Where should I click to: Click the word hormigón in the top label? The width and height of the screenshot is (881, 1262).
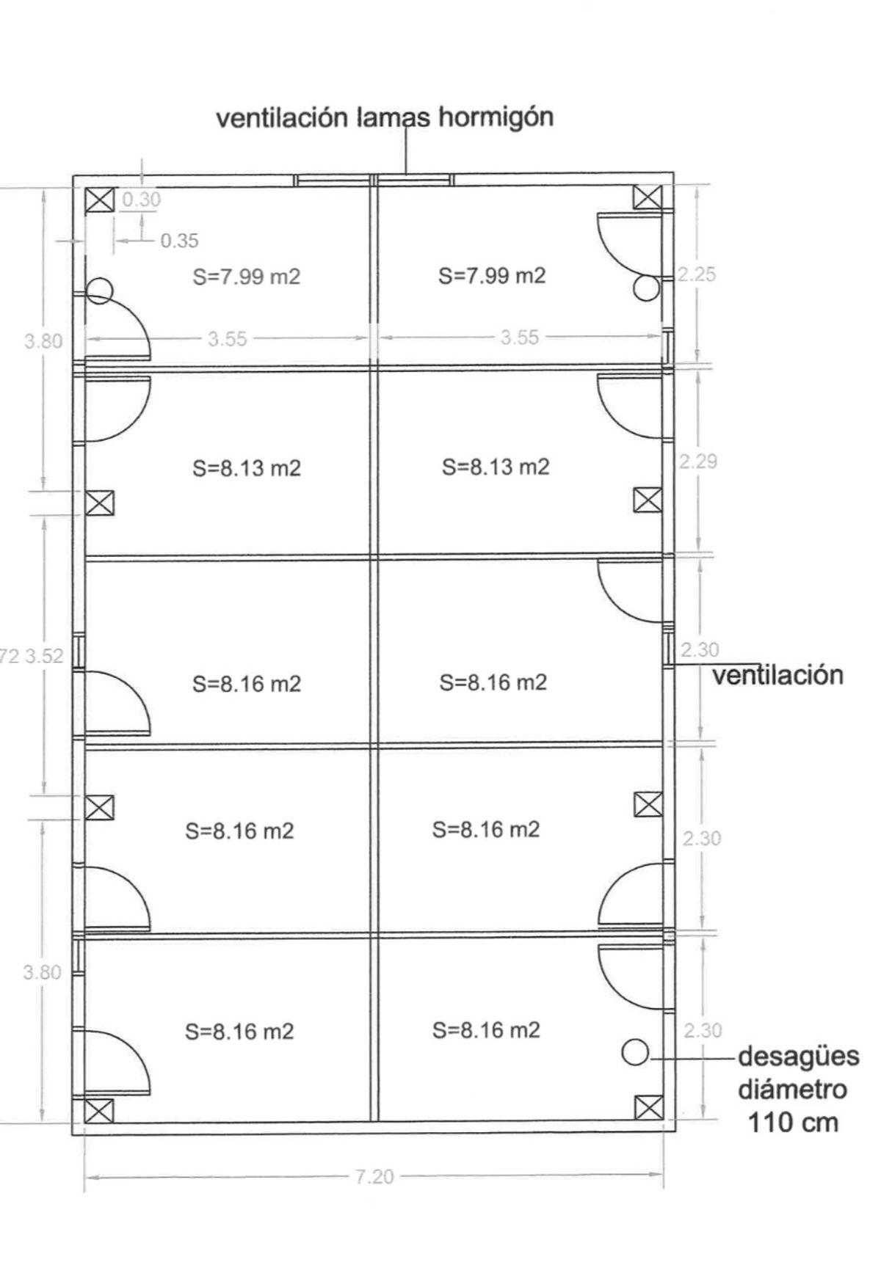pyautogui.click(x=496, y=118)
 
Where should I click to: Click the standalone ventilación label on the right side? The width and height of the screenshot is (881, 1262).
pyautogui.click(x=777, y=675)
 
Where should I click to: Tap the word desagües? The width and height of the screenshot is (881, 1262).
pyautogui.click(x=798, y=1057)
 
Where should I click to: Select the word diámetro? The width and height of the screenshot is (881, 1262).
pyautogui.click(x=792, y=1090)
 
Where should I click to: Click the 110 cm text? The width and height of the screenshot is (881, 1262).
pyautogui.click(x=793, y=1123)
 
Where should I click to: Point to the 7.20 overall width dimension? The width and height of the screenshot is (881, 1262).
pyautogui.click(x=374, y=1177)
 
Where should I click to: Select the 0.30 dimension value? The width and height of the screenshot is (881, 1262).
pyautogui.click(x=142, y=199)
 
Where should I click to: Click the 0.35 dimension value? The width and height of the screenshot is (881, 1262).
pyautogui.click(x=179, y=241)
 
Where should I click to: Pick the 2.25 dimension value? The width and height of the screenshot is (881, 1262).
pyautogui.click(x=696, y=274)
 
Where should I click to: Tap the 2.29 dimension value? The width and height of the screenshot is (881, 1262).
pyautogui.click(x=697, y=462)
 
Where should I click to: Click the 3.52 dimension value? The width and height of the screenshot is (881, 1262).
pyautogui.click(x=45, y=655)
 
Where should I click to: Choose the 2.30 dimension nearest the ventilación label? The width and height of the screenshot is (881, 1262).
pyautogui.click(x=700, y=650)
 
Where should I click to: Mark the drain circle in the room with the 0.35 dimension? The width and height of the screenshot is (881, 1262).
pyautogui.click(x=99, y=291)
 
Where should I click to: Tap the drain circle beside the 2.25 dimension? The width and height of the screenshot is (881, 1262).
pyautogui.click(x=646, y=288)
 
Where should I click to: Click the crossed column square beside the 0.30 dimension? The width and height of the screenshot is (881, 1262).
pyautogui.click(x=99, y=200)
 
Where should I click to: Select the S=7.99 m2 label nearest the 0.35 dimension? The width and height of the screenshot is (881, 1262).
pyautogui.click(x=247, y=277)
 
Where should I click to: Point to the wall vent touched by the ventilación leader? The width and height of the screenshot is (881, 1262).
pyautogui.click(x=668, y=651)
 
